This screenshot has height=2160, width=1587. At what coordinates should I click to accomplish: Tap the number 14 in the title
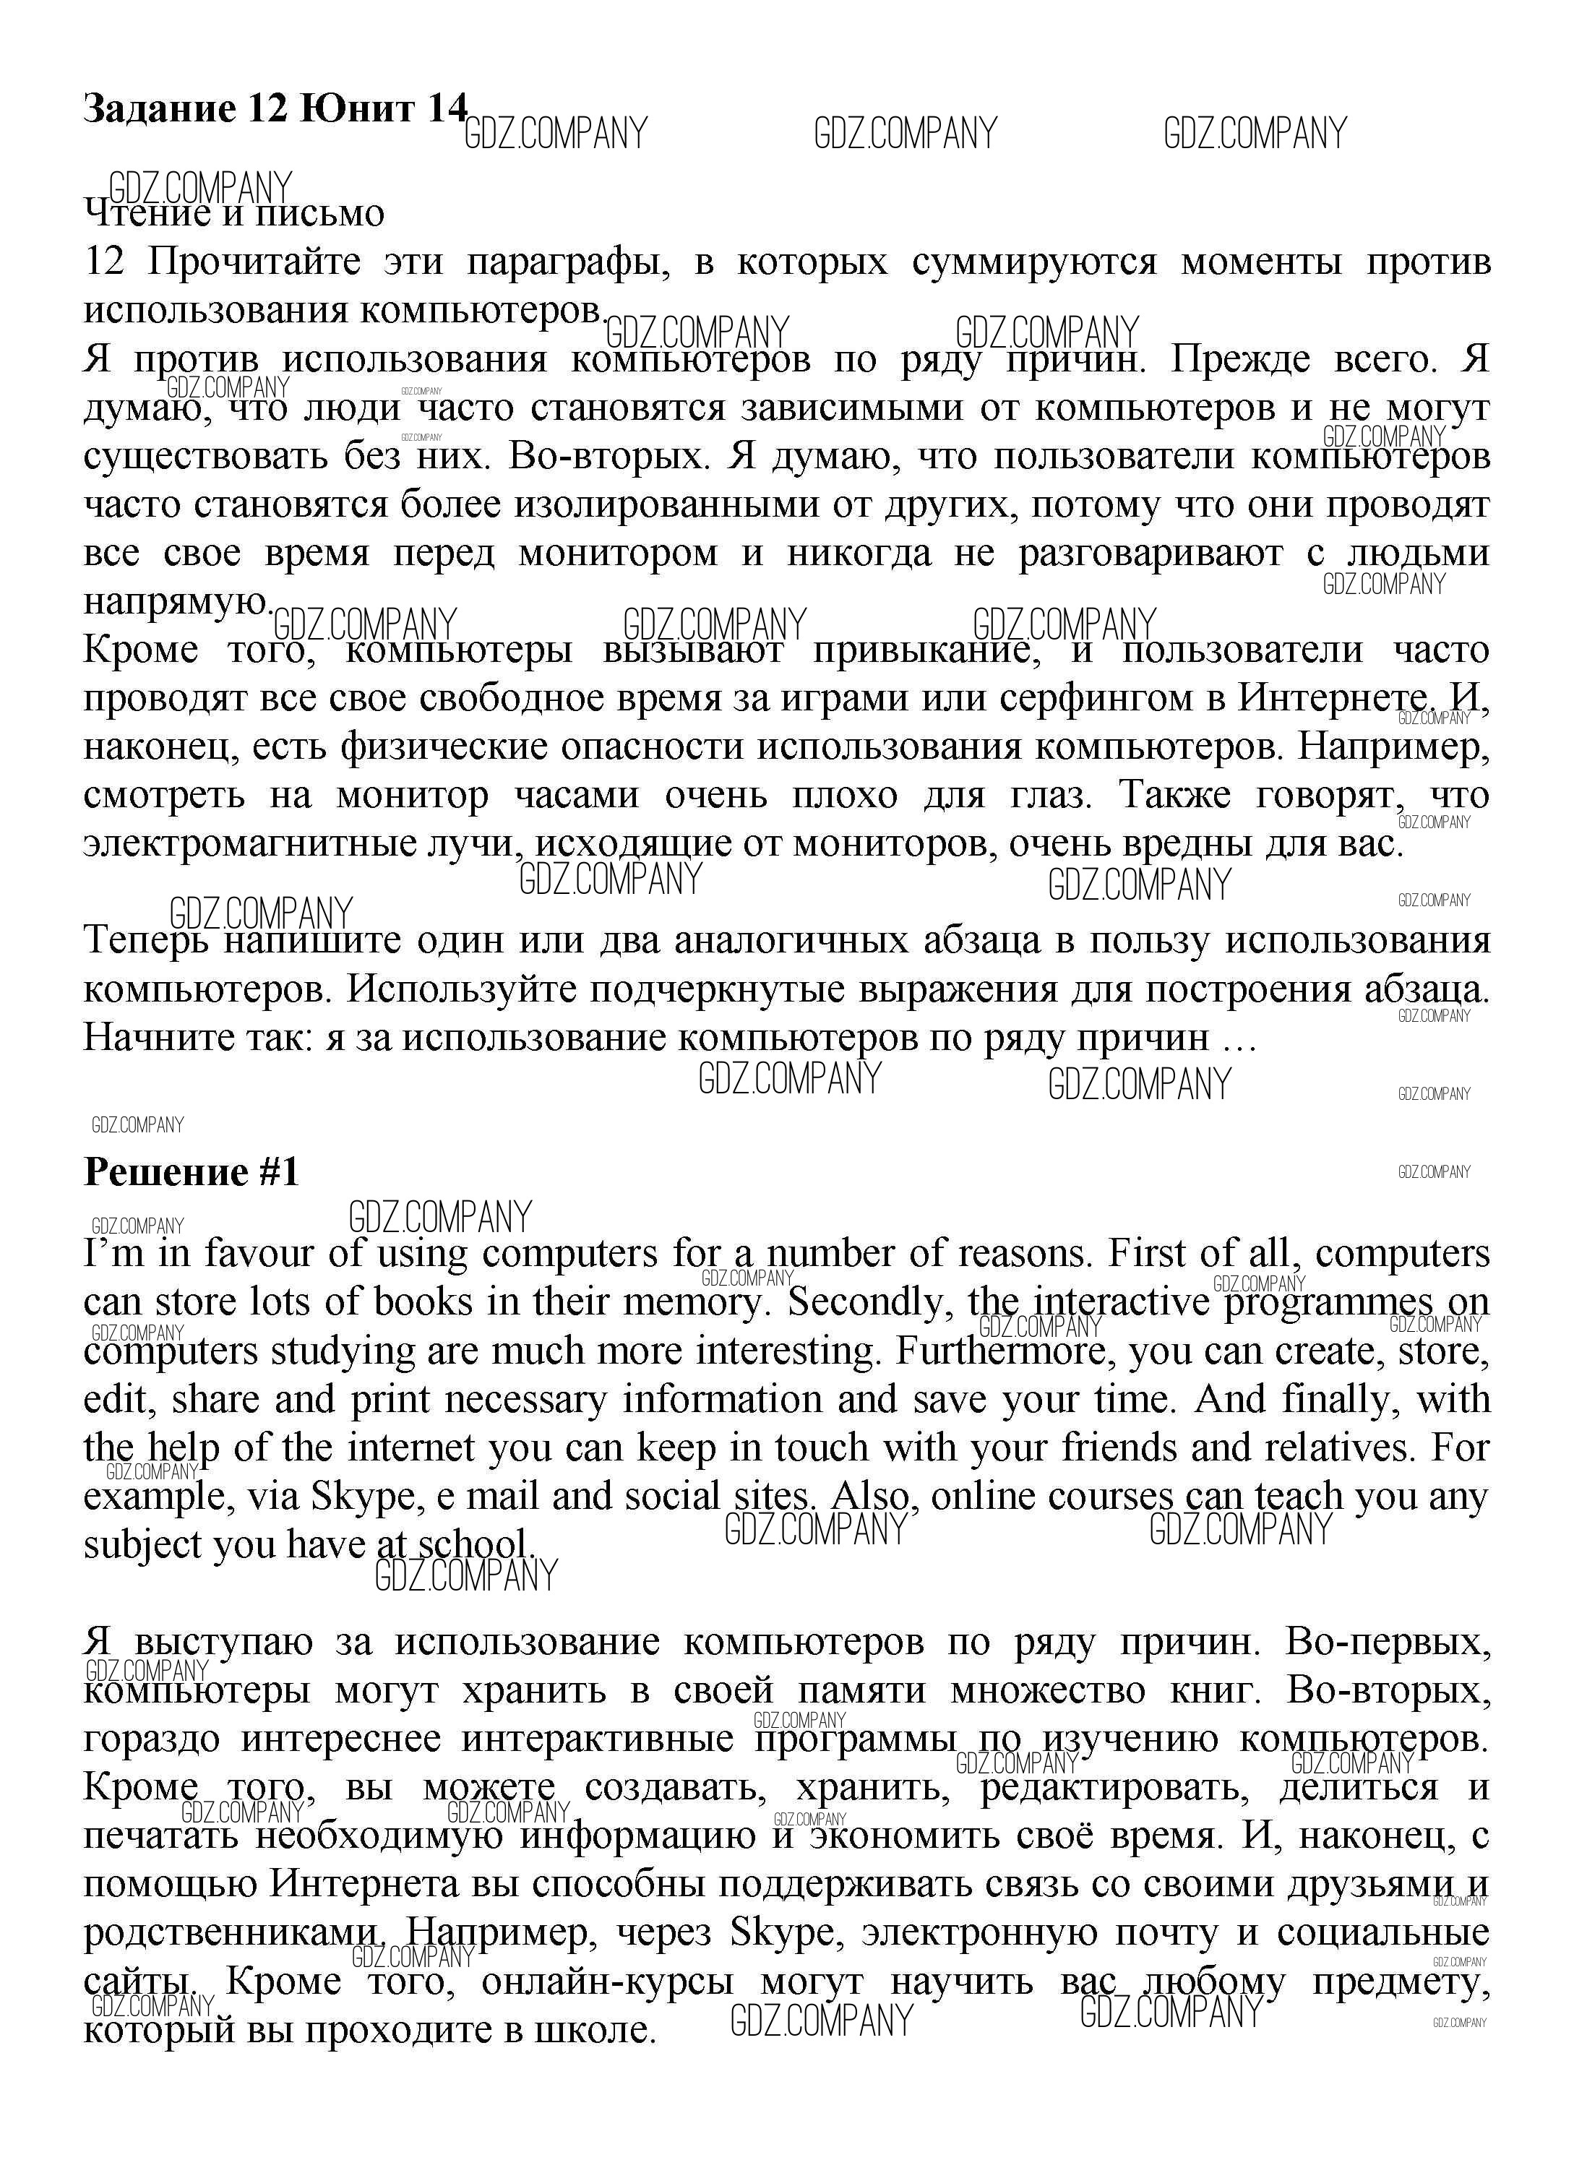pyautogui.click(x=447, y=108)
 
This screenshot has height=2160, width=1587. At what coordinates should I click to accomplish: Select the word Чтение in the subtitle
pyautogui.click(x=147, y=212)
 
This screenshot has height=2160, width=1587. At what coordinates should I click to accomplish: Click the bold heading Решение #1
pyautogui.click(x=192, y=1173)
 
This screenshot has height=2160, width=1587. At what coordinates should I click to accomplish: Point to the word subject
pyautogui.click(x=142, y=1545)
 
